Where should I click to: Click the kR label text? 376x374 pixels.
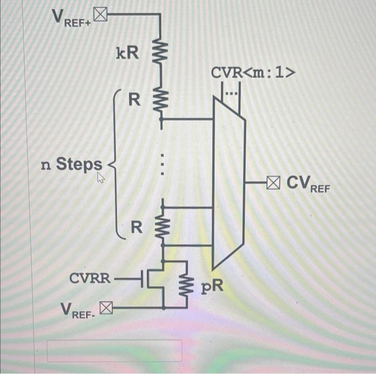[127, 53]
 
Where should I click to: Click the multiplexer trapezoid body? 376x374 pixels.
[228, 183]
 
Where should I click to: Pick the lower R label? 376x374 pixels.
[137, 228]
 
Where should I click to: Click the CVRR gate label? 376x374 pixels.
[90, 279]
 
